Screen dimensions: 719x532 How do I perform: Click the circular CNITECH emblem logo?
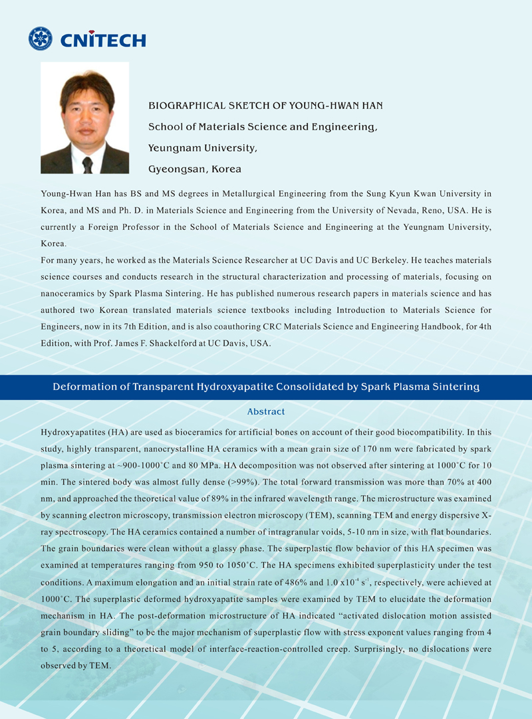click(x=40, y=39)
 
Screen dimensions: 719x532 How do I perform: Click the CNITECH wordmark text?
click(x=102, y=40)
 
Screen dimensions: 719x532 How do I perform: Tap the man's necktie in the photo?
click(x=87, y=163)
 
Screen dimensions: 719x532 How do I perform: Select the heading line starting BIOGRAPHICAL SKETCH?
click(x=265, y=106)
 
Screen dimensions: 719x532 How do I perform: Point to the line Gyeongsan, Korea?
click(x=194, y=169)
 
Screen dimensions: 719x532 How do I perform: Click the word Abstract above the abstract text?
click(x=265, y=412)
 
